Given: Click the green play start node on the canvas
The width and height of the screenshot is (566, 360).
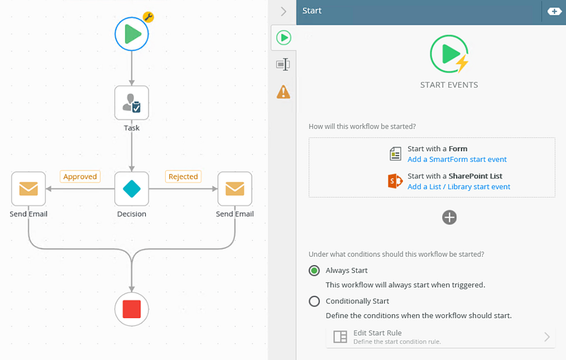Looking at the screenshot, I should coord(132,34).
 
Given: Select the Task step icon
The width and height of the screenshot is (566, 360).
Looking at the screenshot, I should coord(132,102).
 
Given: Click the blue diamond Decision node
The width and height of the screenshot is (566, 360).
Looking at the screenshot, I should coord(132,189).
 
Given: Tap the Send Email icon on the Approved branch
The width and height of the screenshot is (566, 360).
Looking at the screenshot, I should coord(29,189).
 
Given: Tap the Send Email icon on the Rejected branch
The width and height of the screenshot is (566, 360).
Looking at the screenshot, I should coord(235,189).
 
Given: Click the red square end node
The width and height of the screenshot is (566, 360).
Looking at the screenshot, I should coord(132,309).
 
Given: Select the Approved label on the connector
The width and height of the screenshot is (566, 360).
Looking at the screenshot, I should coord(80,176).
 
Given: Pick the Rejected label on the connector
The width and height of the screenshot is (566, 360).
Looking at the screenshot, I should coord(183,176).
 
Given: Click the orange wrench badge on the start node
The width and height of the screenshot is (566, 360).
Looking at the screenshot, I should coord(148,17).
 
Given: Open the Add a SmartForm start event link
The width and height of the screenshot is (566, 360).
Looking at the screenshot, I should coord(457,160).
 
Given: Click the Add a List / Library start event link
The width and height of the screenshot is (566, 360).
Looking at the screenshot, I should coord(459,187).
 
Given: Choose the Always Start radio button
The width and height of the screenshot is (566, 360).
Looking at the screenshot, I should coord(314,270).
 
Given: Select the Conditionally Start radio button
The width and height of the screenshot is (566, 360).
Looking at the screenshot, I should coord(314,301).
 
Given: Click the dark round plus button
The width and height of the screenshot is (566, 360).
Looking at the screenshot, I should coord(449,218).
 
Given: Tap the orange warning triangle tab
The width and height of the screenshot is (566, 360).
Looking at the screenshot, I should coord(284,92).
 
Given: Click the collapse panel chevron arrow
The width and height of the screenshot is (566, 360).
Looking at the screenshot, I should coord(284,11).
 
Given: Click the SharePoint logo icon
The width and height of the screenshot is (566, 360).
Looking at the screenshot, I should coord(396,181).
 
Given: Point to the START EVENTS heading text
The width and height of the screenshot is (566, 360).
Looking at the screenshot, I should coord(449,85).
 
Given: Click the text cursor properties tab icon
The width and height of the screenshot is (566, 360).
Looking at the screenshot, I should coord(284,65).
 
